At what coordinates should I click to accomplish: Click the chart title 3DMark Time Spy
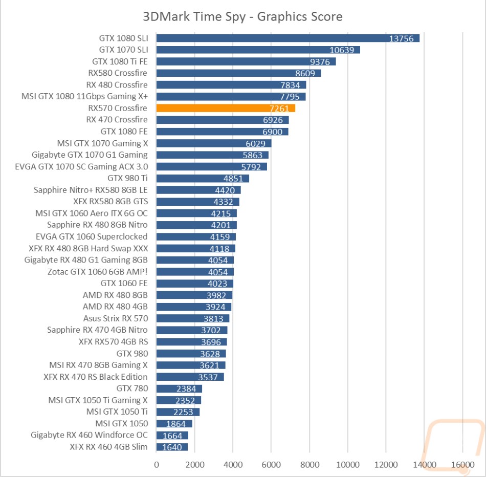pos(242,16)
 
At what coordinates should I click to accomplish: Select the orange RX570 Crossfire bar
pos(226,108)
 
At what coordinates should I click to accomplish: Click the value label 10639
pos(343,50)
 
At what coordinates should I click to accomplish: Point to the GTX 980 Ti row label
pos(127,178)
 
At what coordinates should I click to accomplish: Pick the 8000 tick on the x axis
pos(310,464)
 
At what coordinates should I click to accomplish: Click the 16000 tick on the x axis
pos(462,464)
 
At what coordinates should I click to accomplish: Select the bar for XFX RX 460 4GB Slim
pos(172,447)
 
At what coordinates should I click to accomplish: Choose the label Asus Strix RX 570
pos(115,318)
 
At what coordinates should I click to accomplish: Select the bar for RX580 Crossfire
pos(238,73)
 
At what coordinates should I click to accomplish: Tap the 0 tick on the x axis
pos(157,464)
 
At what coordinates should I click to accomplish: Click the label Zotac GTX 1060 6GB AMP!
pos(97,272)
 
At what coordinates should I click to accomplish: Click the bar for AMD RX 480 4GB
pos(193,307)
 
